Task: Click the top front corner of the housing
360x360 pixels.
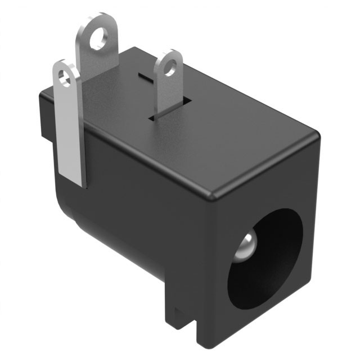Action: [x=213, y=196]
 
